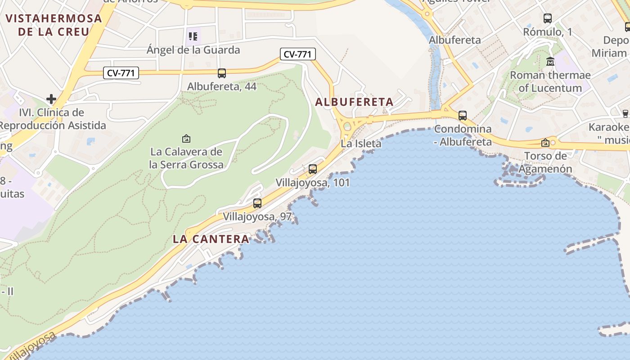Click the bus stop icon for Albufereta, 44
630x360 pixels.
tap(221, 73)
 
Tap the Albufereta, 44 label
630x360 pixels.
tap(222, 86)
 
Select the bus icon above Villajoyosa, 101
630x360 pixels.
tap(313, 170)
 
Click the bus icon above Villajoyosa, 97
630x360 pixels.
tap(257, 203)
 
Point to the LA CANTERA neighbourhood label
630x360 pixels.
tap(211, 239)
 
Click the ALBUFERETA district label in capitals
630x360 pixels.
tap(354, 102)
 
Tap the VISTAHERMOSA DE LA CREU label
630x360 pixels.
tap(54, 25)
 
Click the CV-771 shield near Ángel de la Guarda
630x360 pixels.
tap(298, 54)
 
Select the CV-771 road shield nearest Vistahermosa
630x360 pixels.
tap(121, 73)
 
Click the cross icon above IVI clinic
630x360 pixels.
tap(51, 99)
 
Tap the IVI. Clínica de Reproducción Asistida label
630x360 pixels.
tap(53, 119)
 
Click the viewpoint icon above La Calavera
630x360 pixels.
tap(186, 139)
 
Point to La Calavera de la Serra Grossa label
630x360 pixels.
tap(186, 158)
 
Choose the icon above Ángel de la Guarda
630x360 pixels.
tap(193, 36)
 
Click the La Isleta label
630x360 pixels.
tap(361, 144)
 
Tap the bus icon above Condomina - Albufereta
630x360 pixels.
tap(463, 116)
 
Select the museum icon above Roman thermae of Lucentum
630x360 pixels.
tap(550, 62)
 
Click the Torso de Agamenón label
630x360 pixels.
tap(545, 162)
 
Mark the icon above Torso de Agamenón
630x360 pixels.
tap(545, 143)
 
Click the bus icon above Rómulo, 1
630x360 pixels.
tap(548, 18)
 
